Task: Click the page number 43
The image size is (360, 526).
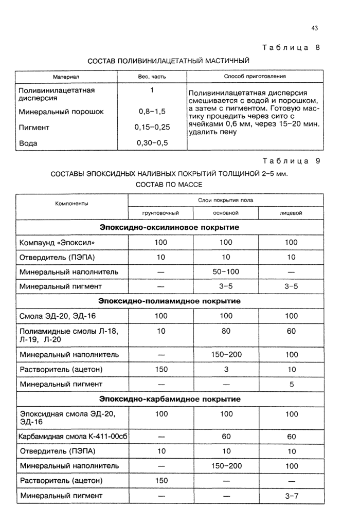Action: pos(315,28)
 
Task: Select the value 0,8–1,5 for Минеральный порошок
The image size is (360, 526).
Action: pos(152,111)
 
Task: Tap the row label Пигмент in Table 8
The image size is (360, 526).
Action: pos(34,127)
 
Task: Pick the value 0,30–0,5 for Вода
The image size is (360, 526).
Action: pos(153,142)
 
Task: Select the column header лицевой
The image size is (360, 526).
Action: pos(291,212)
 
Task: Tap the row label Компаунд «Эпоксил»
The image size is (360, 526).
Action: pos(57,242)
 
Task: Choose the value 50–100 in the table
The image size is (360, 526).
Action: pos(226,271)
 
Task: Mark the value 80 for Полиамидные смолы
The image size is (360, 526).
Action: pos(226,332)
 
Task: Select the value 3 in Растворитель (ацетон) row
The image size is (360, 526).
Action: pos(226,369)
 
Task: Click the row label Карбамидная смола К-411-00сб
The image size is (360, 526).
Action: pos(73,437)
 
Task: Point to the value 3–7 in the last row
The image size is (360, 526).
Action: pos(291,496)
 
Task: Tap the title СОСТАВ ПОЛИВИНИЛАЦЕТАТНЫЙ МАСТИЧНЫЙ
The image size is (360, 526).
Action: pos(168,61)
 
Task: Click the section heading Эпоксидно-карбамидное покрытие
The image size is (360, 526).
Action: pos(170,398)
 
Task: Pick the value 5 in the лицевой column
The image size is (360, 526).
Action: pos(291,384)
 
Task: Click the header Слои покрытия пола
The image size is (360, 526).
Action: pos(225,199)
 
